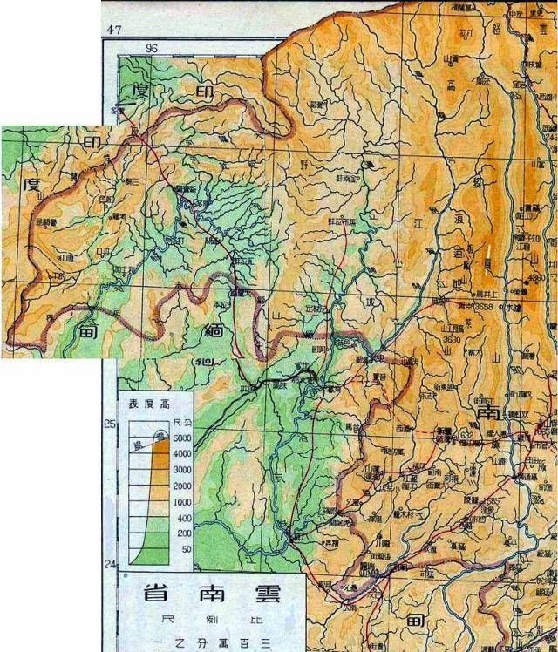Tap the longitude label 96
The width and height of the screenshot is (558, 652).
[155, 49]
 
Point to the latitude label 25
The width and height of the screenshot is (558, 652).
[110, 424]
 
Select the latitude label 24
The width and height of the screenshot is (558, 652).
[110, 565]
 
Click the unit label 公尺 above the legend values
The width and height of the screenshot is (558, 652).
[180, 422]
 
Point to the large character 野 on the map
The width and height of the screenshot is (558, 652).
[304, 162]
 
